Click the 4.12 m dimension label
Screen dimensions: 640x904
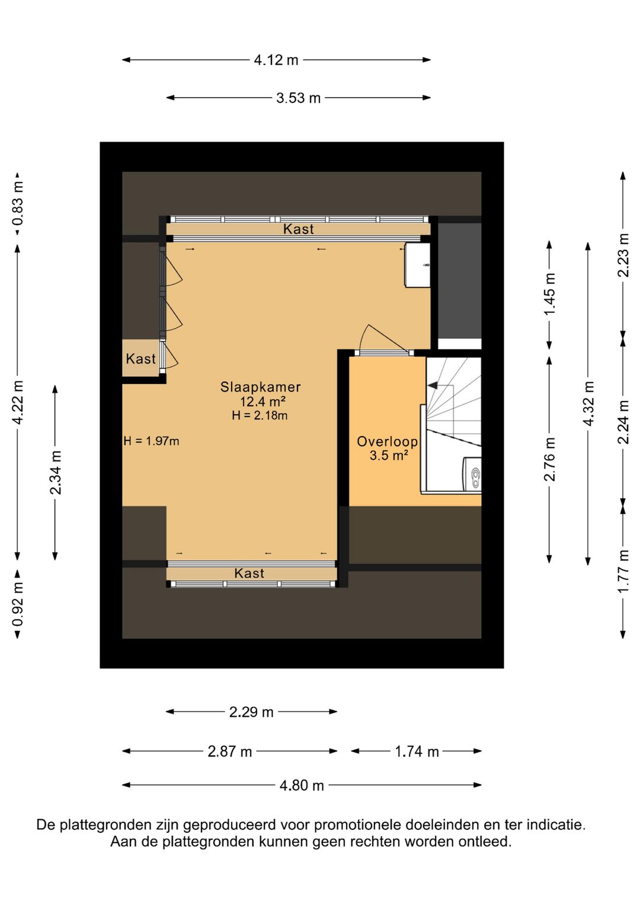pyautogui.click(x=276, y=60)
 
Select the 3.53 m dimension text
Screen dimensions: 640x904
pyautogui.click(x=299, y=98)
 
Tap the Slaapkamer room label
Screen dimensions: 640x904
pyautogui.click(x=260, y=387)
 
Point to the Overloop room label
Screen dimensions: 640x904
pyautogui.click(x=387, y=441)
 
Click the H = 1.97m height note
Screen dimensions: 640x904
pyautogui.click(x=152, y=441)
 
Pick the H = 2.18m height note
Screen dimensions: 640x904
pyautogui.click(x=260, y=415)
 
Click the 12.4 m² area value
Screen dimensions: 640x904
pyautogui.click(x=263, y=402)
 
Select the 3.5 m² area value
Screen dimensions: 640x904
pyautogui.click(x=388, y=455)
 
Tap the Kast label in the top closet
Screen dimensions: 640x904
pyautogui.click(x=299, y=229)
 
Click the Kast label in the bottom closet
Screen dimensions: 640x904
pyautogui.click(x=249, y=573)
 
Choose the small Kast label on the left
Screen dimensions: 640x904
pyautogui.click(x=140, y=358)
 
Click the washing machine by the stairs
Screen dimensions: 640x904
pyautogui.click(x=472, y=475)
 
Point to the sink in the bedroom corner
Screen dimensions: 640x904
pyautogui.click(x=418, y=265)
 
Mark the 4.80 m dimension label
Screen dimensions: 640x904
pyautogui.click(x=302, y=786)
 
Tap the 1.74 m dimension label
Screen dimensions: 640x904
pyautogui.click(x=417, y=751)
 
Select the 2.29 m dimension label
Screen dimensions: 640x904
pyautogui.click(x=252, y=712)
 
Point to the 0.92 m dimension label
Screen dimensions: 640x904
pyautogui.click(x=18, y=604)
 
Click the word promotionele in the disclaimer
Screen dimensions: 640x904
pyautogui.click(x=359, y=825)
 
